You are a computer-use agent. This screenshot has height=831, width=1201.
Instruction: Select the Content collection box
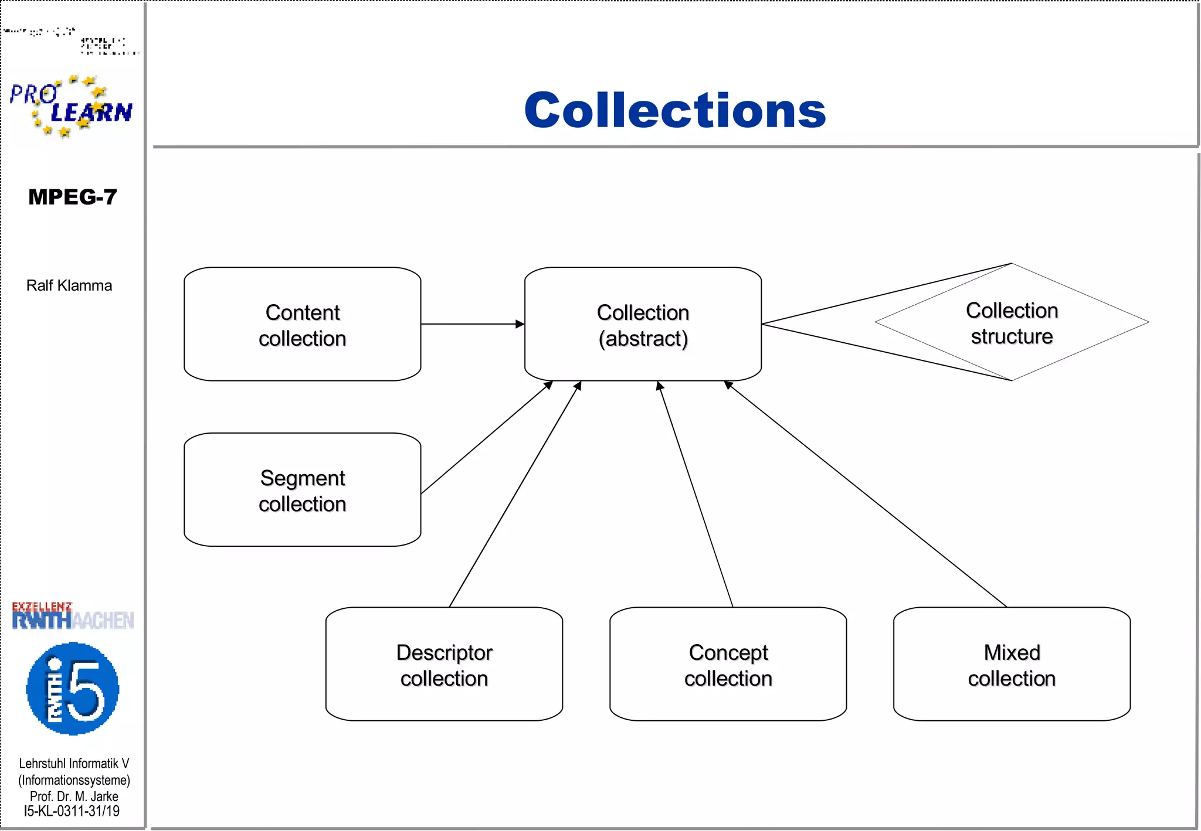pos(302,325)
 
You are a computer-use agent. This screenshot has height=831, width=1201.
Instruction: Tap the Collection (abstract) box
pos(643,325)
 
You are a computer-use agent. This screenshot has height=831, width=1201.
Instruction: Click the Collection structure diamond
pos(1012,323)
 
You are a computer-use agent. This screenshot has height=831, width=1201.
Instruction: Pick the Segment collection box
pos(302,491)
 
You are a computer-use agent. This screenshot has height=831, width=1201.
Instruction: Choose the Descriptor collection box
pos(444,665)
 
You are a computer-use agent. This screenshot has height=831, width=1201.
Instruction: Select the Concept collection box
pos(728,665)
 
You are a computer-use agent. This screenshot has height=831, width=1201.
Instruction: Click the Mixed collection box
pos(1012,665)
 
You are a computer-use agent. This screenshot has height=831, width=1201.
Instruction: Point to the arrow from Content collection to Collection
pos(472,324)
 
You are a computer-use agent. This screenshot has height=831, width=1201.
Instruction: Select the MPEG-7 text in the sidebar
pos(72,197)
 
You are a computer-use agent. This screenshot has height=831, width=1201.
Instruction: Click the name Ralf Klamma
pos(69,285)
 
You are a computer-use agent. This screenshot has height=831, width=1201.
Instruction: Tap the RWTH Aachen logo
pos(73,617)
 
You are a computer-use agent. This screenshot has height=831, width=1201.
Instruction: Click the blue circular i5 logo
pos(73,689)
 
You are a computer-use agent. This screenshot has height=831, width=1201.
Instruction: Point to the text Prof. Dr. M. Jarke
pos(74,796)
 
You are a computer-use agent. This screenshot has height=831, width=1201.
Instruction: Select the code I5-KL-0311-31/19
pos(72,812)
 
